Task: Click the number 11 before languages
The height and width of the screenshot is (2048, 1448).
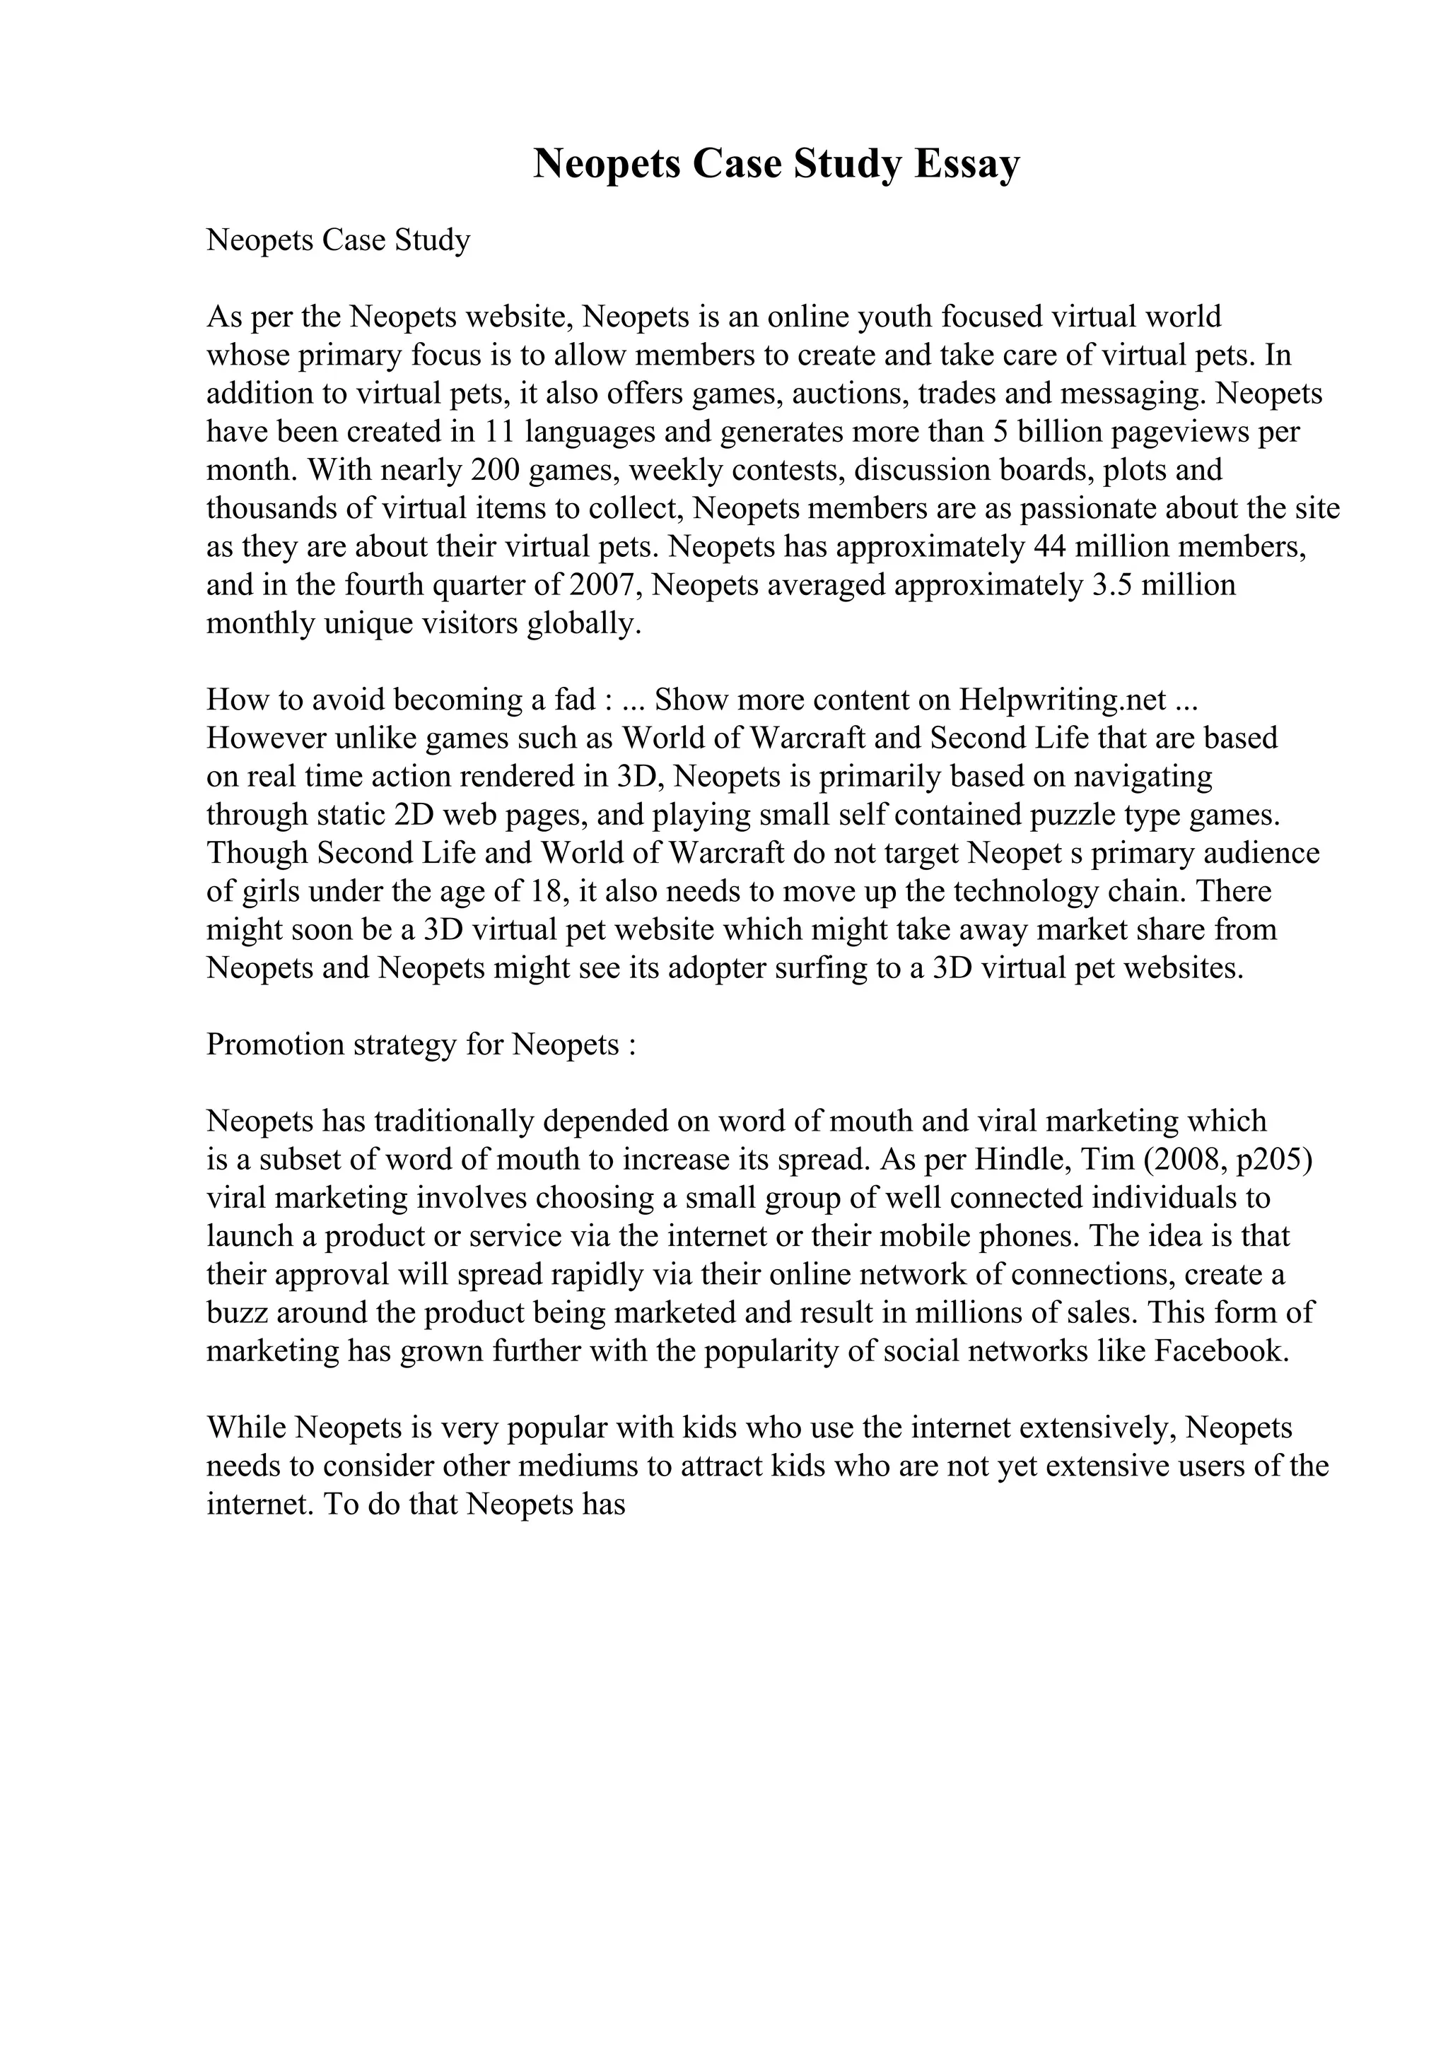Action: click(498, 432)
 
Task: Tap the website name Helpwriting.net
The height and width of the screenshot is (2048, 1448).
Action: click(1063, 700)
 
